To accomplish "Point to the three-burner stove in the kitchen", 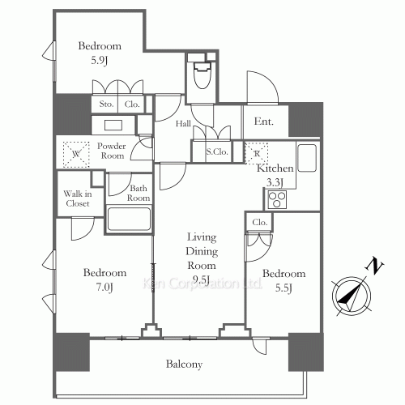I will click(277, 198).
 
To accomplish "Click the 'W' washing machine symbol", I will click(75, 151).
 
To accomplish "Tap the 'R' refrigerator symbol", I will click(256, 152).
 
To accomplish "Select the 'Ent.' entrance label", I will click(265, 122).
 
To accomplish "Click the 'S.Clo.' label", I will click(215, 151).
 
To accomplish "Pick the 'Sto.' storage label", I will click(106, 104).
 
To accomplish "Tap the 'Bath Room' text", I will click(139, 194).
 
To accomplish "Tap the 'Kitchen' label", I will click(273, 168).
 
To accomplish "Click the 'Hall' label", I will click(185, 122).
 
